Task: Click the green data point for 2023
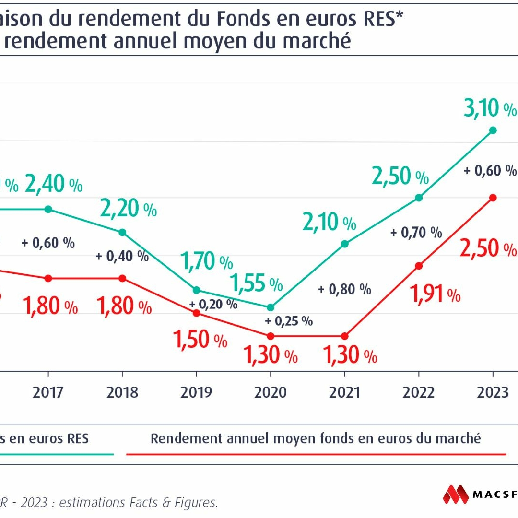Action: [x=493, y=130]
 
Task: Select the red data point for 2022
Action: [x=419, y=266]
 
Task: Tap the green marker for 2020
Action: [x=271, y=307]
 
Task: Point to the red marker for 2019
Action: [x=196, y=313]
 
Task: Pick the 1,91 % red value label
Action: [x=436, y=294]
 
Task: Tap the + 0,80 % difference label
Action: [x=344, y=289]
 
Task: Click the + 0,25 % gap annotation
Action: [x=289, y=321]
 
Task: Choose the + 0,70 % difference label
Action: [x=416, y=233]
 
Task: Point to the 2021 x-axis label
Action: [x=344, y=392]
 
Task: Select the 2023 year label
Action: [x=493, y=392]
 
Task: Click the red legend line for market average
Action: [x=316, y=453]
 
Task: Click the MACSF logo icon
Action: [x=455, y=494]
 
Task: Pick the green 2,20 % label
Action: [x=128, y=208]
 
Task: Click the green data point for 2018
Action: [x=122, y=232]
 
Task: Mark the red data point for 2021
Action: [x=344, y=336]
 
